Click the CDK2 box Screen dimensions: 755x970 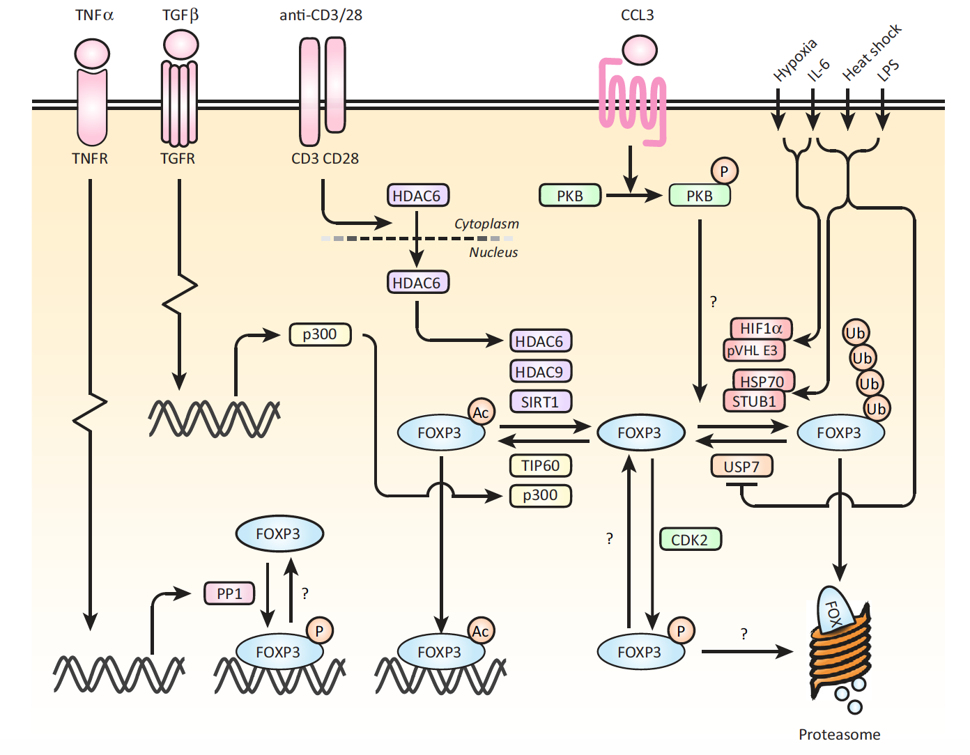690,540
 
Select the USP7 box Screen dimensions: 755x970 741,467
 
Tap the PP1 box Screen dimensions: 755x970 229,593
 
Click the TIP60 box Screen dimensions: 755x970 540,465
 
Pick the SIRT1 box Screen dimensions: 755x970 540,402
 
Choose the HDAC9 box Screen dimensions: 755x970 540,372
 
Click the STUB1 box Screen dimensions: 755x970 754,401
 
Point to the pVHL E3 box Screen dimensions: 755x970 753,350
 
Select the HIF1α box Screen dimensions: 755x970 761,328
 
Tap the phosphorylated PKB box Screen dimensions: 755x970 700,196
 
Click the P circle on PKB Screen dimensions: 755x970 724,171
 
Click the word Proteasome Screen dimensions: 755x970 839,734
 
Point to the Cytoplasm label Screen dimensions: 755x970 486,224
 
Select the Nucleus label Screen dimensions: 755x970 493,252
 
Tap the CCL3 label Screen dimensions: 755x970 637,15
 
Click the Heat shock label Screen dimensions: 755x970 872,52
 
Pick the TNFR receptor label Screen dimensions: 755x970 90,159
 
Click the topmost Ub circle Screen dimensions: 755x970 855,333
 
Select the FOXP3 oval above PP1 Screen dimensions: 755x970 279,534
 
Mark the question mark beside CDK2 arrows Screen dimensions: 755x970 610,538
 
